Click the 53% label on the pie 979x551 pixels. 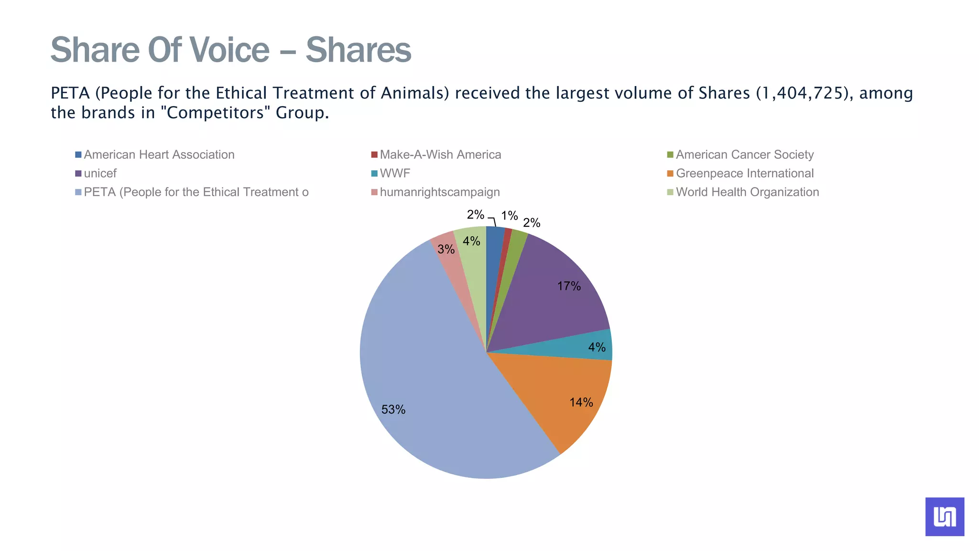click(393, 409)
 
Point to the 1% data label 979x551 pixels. click(510, 216)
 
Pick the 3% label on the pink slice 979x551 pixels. click(446, 249)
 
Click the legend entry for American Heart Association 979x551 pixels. click(159, 154)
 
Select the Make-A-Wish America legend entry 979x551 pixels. click(440, 154)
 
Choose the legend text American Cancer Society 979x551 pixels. click(744, 154)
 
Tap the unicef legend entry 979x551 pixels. click(100, 173)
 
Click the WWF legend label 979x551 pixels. click(395, 173)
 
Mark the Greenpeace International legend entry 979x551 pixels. click(744, 173)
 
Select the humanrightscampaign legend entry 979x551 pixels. click(439, 192)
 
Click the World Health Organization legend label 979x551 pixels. click(747, 192)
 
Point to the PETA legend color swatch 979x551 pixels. click(78, 192)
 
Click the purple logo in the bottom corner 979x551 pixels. click(944, 517)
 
